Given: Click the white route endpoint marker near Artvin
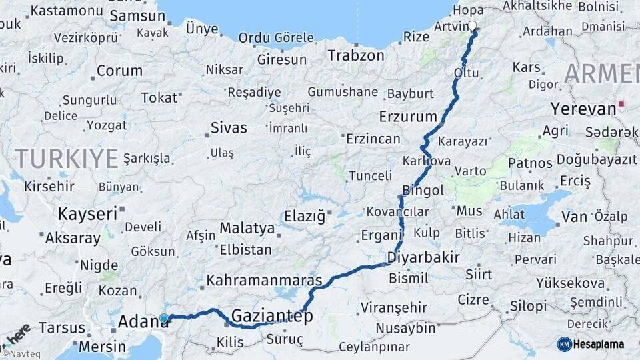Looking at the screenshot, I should (x=473, y=26).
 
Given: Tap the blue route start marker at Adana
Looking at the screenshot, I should (x=164, y=319).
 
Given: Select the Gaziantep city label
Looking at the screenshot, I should (x=271, y=316).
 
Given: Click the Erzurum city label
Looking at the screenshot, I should (x=407, y=117).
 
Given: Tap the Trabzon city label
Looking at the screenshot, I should (x=355, y=55).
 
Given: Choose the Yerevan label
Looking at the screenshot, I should (x=583, y=108).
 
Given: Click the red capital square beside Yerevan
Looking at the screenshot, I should (x=621, y=104).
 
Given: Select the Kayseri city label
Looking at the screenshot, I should (x=87, y=214).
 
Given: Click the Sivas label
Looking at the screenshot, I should (x=229, y=127).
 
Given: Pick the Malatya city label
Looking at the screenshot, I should (x=247, y=228).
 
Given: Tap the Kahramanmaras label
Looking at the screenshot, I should (x=264, y=280).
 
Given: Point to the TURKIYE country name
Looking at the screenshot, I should (x=66, y=159).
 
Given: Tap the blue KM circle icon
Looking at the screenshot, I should (x=564, y=344).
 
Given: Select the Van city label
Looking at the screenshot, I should (x=574, y=216).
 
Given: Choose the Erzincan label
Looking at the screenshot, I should (x=373, y=139).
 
